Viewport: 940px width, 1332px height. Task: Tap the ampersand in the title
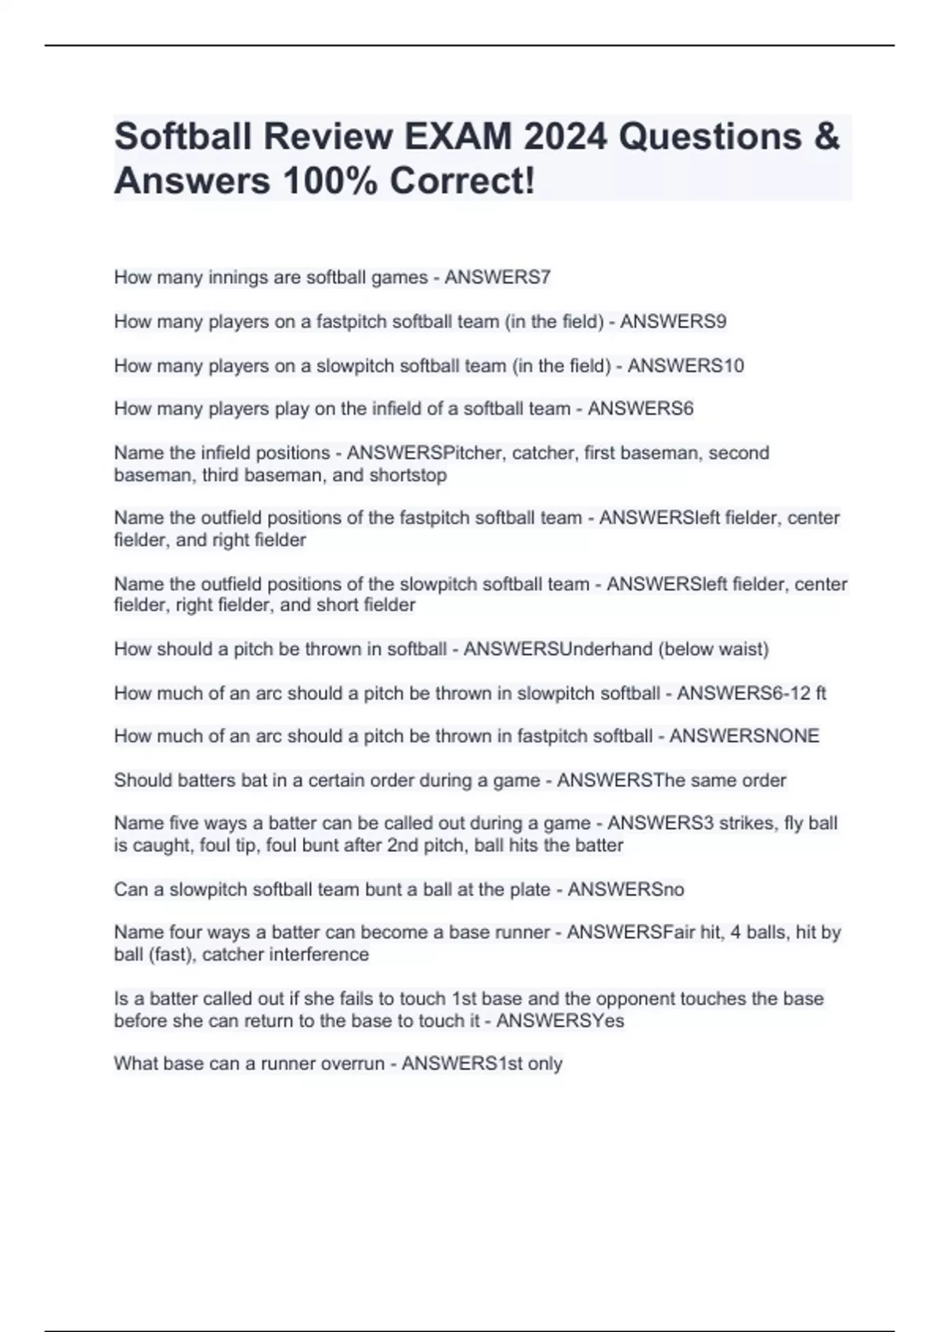pyautogui.click(x=827, y=136)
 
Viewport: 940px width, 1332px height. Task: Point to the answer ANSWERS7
pyautogui.click(x=497, y=277)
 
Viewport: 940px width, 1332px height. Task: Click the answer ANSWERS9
pyautogui.click(x=673, y=321)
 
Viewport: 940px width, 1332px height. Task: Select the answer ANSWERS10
pyautogui.click(x=685, y=366)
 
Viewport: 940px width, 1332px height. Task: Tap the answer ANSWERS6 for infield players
pyautogui.click(x=640, y=409)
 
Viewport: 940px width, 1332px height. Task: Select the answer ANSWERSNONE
pyautogui.click(x=744, y=737)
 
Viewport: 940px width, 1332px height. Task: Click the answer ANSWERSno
pyautogui.click(x=626, y=890)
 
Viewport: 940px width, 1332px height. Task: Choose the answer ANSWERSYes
pyautogui.click(x=560, y=1021)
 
